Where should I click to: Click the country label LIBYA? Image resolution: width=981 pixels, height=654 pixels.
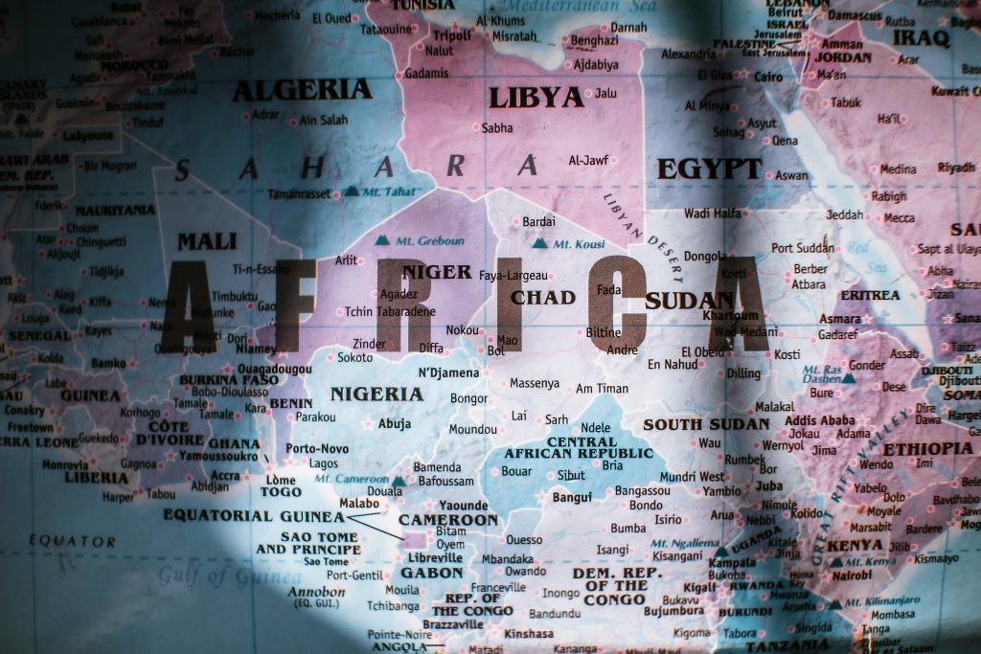tap(536, 97)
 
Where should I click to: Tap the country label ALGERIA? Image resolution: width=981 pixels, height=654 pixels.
tap(302, 90)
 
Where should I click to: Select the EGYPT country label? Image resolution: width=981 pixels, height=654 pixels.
tap(709, 169)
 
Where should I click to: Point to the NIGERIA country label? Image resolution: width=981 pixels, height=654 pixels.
tap(376, 394)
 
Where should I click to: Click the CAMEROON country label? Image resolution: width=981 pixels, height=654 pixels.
tap(448, 520)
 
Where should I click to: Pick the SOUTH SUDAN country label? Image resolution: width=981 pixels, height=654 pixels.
tap(706, 424)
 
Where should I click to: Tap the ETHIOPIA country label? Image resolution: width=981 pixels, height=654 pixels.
tap(927, 448)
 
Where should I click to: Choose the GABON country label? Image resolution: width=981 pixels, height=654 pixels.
tap(432, 573)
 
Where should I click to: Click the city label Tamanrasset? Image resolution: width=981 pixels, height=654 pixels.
tap(299, 193)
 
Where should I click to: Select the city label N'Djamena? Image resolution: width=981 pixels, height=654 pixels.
tap(448, 372)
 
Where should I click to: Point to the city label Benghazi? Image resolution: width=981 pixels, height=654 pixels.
tap(594, 40)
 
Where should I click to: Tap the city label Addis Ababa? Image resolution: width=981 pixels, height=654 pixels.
tap(820, 420)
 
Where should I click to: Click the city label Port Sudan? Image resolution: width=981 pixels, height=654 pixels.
tap(803, 247)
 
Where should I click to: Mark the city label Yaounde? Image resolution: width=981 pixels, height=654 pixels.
tap(464, 505)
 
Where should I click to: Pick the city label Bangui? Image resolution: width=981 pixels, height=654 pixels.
tap(572, 497)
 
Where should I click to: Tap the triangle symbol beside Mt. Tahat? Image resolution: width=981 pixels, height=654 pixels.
tap(351, 192)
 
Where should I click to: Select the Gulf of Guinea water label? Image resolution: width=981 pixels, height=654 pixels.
tap(229, 575)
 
